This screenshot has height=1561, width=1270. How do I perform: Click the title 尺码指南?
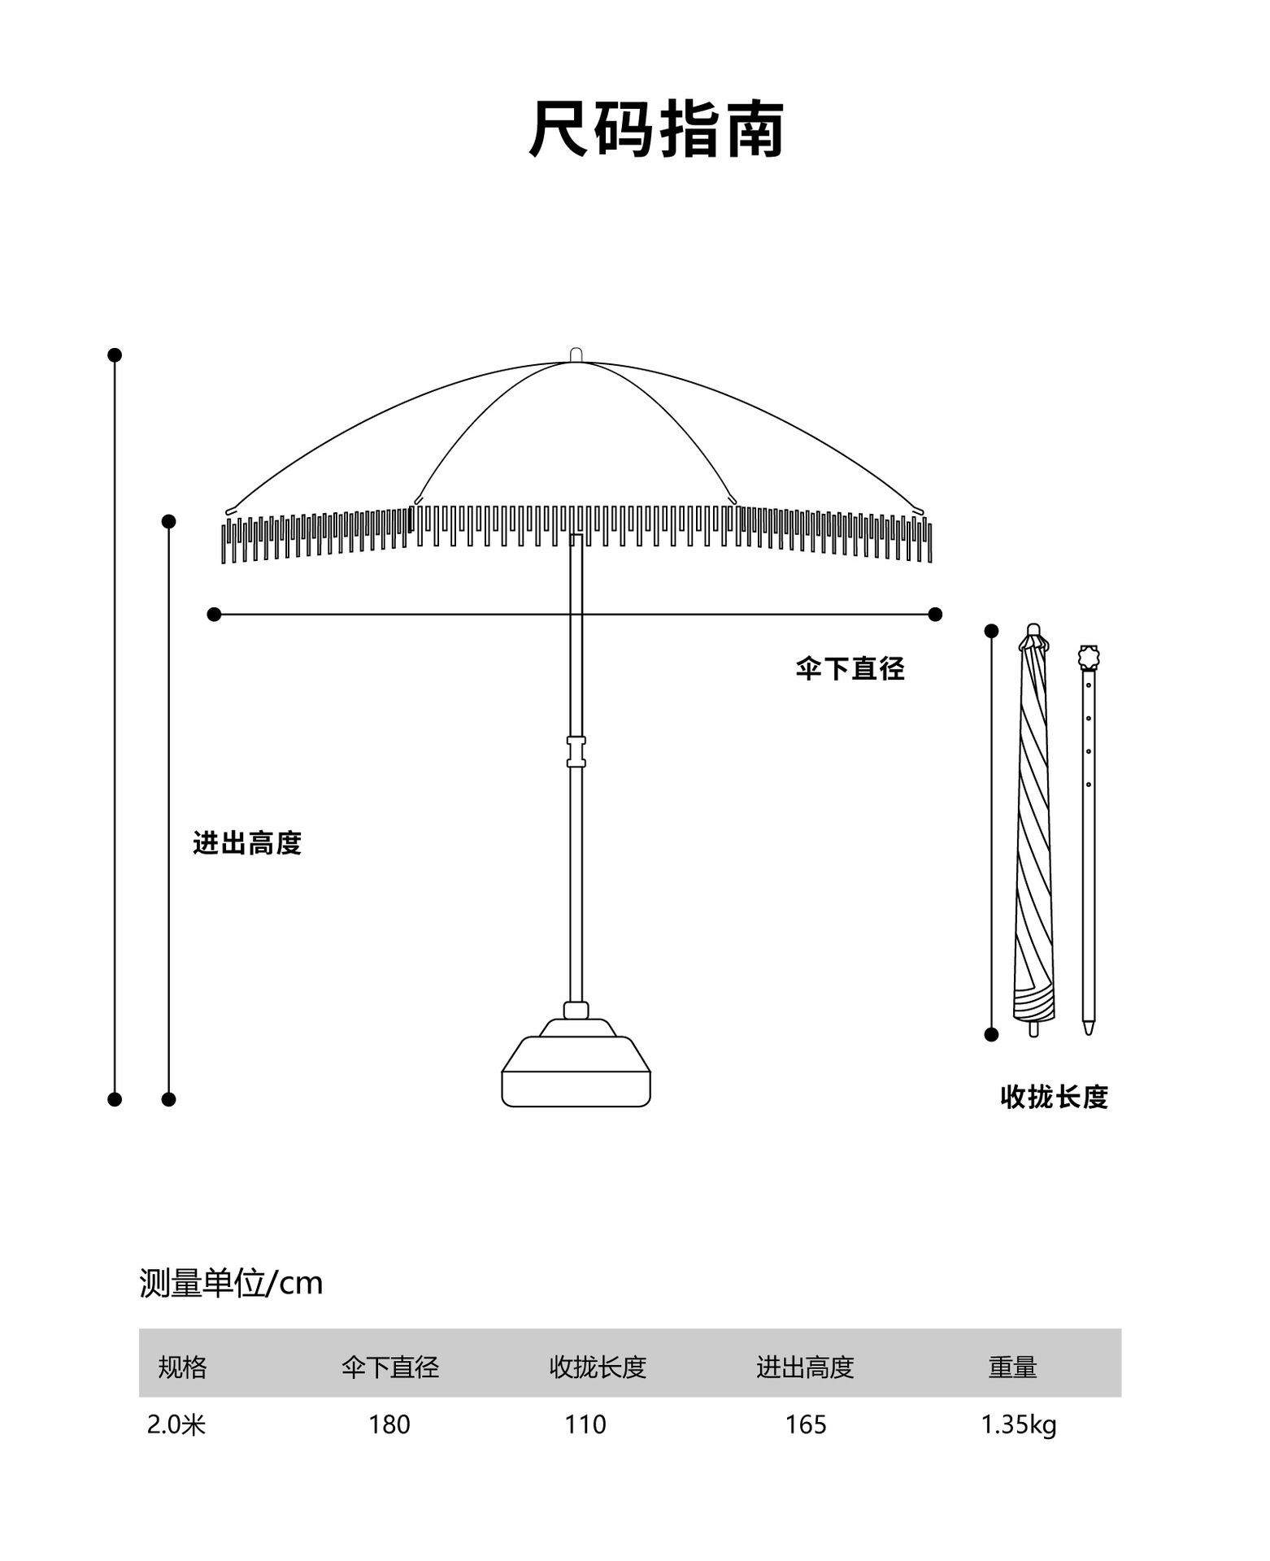(656, 129)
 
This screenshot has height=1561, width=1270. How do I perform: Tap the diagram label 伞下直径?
(850, 668)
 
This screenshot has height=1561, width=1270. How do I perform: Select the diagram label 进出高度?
(247, 843)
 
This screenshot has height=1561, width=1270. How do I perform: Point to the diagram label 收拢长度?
(1054, 1097)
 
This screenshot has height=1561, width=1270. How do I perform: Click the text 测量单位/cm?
(231, 1283)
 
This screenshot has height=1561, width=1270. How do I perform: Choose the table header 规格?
(182, 1368)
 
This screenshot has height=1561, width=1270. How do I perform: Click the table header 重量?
(1012, 1368)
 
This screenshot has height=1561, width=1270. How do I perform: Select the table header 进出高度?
(805, 1368)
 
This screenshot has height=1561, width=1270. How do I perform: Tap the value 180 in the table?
(389, 1424)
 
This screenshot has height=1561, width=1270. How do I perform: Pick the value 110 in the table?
(585, 1424)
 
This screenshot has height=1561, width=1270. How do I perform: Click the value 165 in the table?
(805, 1424)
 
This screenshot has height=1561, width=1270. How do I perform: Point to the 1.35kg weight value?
(1018, 1424)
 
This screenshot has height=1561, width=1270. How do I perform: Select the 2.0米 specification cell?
(176, 1424)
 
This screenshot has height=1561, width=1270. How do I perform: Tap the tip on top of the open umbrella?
(576, 354)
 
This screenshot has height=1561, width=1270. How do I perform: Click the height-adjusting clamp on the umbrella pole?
(576, 752)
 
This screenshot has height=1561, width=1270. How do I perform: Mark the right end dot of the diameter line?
(935, 614)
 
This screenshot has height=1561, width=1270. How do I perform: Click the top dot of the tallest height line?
(115, 354)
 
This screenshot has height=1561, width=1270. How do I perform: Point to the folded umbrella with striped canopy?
(1033, 829)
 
